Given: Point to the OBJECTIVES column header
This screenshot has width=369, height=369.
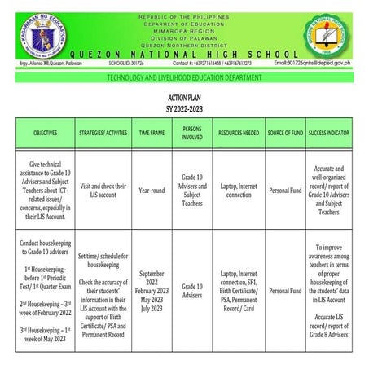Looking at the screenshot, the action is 45,131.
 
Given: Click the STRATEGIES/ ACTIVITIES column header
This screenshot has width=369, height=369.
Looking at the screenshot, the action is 103,131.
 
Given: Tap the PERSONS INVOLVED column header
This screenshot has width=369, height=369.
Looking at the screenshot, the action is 192,131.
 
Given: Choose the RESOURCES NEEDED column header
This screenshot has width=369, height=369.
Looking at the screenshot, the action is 239,131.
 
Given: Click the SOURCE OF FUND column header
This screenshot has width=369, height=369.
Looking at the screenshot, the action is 285,131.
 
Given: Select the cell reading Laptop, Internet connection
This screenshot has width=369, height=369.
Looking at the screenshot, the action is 239,191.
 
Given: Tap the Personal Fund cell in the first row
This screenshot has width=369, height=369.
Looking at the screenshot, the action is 285,191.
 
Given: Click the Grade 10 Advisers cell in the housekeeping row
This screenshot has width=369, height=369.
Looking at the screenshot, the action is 192,291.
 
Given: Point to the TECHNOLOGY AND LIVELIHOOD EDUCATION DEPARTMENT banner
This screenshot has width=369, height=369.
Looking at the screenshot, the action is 184,77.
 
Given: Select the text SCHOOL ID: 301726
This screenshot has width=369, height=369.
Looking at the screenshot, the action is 127,62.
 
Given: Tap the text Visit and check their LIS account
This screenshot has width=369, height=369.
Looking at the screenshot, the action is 103,191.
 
